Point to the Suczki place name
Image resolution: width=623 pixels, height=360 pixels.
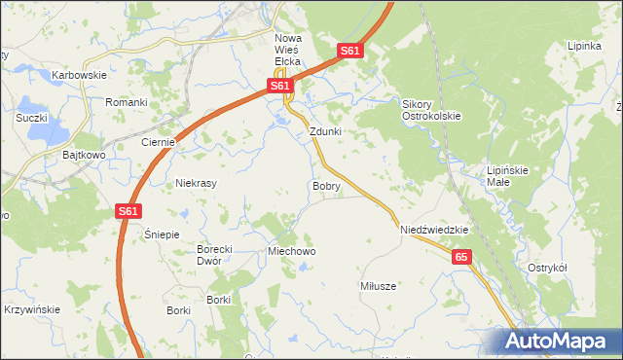pos(32,118)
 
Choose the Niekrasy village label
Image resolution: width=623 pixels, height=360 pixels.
pos(195,182)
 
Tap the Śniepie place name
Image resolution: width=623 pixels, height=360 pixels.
pos(162,234)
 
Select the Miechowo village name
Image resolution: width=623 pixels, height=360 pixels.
pos(292,251)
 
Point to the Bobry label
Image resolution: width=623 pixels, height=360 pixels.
pos(326,185)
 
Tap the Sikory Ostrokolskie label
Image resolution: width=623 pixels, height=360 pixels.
pos(431,109)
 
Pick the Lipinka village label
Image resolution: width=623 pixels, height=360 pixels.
pos(585,46)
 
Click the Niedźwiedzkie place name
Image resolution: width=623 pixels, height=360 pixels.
pos(434,230)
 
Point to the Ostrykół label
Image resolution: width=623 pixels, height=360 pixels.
pos(546,268)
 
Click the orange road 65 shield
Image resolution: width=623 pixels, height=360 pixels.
pos(461,256)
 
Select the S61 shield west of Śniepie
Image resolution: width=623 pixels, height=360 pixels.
pos(128,210)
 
